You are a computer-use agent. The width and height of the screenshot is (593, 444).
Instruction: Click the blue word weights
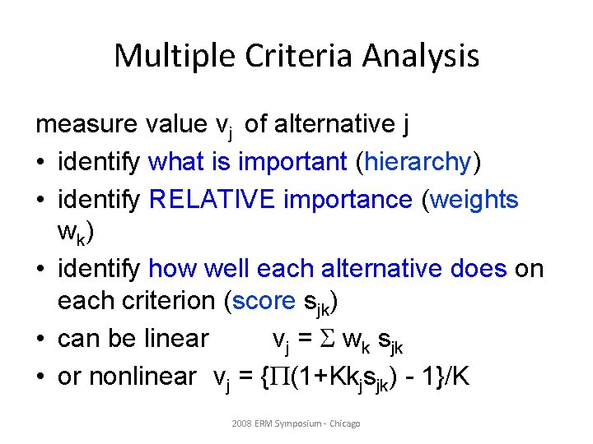[474, 200]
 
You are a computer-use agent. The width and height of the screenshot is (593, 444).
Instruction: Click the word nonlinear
[142, 377]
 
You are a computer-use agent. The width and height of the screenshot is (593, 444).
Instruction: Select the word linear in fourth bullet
[176, 339]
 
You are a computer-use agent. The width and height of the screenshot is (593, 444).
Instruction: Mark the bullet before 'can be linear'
[41, 340]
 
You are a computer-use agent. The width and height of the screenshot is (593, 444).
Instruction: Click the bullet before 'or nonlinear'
[41, 377]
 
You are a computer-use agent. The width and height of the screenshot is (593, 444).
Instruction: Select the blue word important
[292, 163]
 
